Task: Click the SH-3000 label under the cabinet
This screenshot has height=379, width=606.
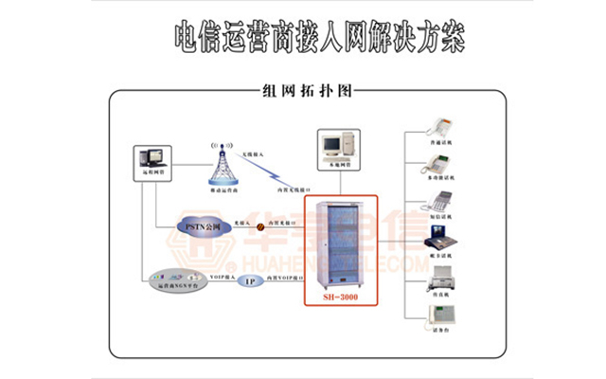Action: (x=340, y=297)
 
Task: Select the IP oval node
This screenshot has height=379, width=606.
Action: (x=250, y=281)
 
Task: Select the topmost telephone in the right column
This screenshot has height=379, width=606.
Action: (x=441, y=126)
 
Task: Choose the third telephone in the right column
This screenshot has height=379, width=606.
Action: (x=441, y=204)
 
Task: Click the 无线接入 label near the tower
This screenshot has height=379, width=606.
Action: (x=254, y=153)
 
